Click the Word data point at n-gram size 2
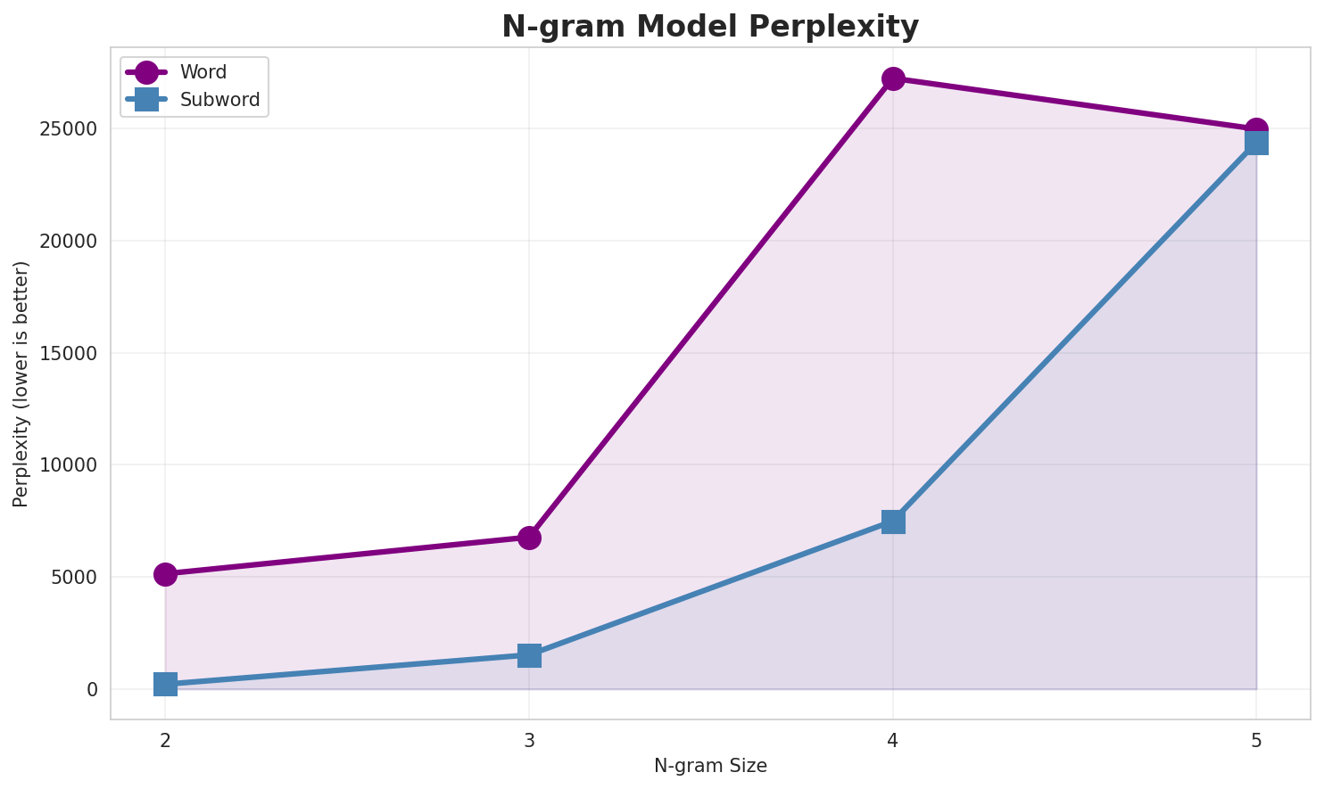(165, 574)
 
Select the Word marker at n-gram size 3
(529, 538)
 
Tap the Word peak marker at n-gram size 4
(893, 78)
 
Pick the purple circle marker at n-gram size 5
(1256, 130)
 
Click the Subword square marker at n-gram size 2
(165, 685)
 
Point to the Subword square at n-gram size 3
(529, 655)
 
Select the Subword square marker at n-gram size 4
(893, 522)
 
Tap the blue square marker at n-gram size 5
(1256, 143)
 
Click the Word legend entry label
(203, 72)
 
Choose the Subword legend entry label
(219, 100)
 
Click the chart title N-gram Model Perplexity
(710, 27)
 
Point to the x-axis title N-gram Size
(710, 766)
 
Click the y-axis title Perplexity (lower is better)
(21, 383)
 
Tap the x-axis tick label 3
(529, 739)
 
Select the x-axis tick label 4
(893, 739)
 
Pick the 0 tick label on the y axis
(92, 690)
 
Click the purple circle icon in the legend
(147, 72)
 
